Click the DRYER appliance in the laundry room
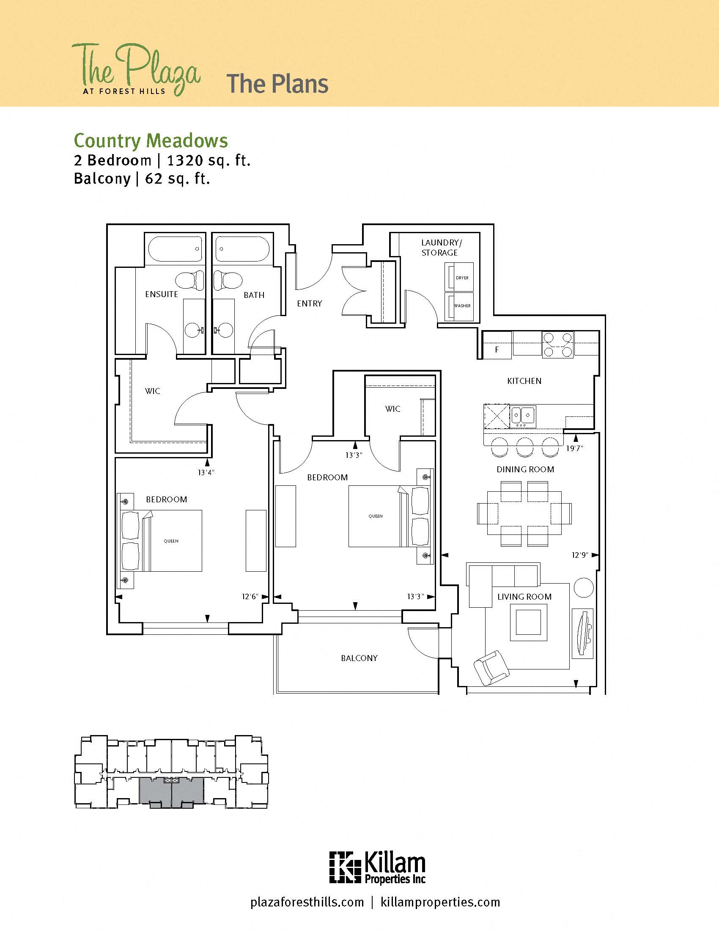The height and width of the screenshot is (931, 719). click(x=459, y=277)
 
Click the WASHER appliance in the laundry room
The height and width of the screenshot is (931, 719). click(x=459, y=306)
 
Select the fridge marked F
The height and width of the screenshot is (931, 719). click(x=497, y=350)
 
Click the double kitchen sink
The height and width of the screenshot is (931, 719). click(x=523, y=414)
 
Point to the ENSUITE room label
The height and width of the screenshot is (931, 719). click(x=162, y=294)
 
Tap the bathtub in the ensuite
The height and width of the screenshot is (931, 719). click(x=175, y=248)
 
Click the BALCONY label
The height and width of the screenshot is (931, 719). click(x=359, y=658)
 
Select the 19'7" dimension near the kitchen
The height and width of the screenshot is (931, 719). click(x=574, y=448)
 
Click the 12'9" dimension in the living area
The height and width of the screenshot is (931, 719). click(x=580, y=555)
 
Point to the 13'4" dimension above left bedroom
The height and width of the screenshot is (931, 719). click(x=206, y=472)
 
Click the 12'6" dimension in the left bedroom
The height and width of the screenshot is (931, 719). click(x=250, y=596)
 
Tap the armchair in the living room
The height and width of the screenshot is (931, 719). click(x=491, y=667)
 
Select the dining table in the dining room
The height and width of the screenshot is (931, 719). click(x=524, y=513)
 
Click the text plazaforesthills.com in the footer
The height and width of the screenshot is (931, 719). click(x=307, y=902)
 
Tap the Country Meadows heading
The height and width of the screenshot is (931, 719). click(x=151, y=140)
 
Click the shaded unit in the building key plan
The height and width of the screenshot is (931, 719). click(x=171, y=791)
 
